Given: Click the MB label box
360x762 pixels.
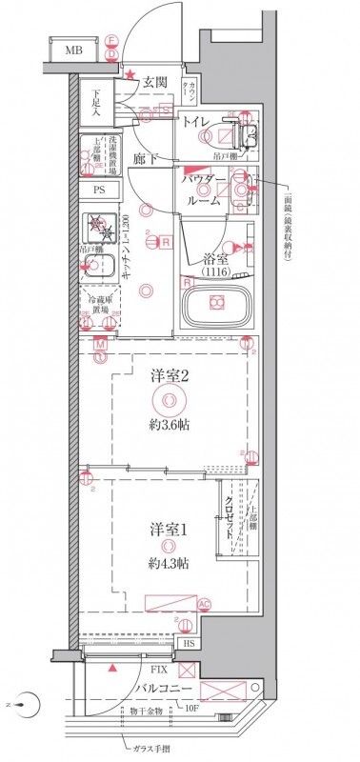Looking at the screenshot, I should point(72,49).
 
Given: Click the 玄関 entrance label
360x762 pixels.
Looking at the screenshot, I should point(155,82).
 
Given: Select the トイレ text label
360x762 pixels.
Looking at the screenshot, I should point(196,121).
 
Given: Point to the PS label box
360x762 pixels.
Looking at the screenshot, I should point(99,189).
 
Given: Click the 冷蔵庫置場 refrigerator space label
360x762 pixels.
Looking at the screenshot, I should point(98,306).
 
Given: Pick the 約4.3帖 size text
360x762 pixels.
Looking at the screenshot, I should point(168,564).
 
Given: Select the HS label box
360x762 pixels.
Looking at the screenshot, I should point(190,644).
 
